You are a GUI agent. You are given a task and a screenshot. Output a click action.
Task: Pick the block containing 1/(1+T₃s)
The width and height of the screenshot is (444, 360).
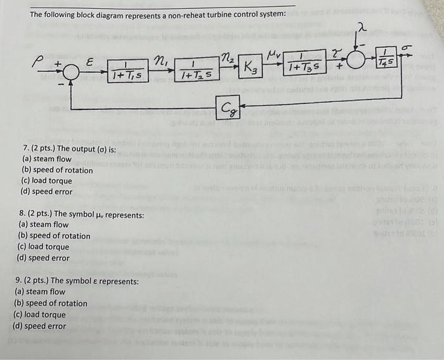coord(304,63)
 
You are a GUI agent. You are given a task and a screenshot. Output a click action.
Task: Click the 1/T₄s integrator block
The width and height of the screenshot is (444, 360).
coord(386,57)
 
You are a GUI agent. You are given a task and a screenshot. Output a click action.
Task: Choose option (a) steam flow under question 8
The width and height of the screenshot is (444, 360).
coord(44,224)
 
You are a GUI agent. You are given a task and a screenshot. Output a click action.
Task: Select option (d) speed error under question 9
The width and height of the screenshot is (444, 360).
coord(39,326)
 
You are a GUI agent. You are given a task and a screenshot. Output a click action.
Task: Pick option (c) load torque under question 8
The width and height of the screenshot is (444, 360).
coord(44,247)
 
